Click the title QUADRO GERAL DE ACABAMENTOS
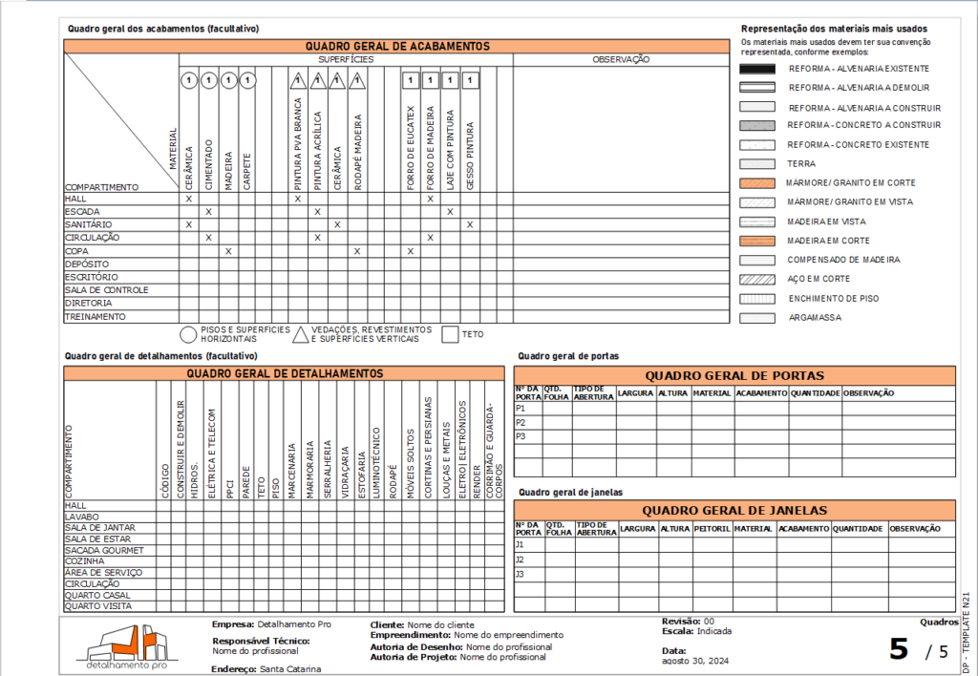click(x=397, y=46)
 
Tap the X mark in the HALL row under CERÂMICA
click(x=189, y=199)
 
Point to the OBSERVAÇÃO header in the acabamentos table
click(x=621, y=59)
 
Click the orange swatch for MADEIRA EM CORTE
click(x=756, y=241)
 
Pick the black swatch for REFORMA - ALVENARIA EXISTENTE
click(x=756, y=69)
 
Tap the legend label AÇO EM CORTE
click(x=819, y=279)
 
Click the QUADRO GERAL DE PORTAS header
click(x=734, y=375)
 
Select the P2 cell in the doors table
click(x=521, y=422)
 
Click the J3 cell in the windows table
click(x=521, y=574)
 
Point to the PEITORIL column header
click(x=712, y=529)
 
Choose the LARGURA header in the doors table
click(x=635, y=393)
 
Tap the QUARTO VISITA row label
click(x=98, y=606)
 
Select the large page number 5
click(x=899, y=649)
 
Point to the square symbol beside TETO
click(x=450, y=334)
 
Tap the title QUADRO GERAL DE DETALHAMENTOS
click(x=285, y=373)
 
